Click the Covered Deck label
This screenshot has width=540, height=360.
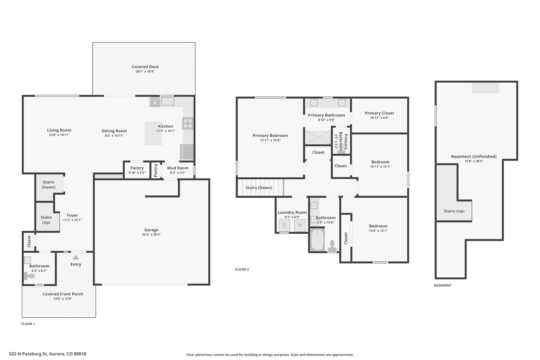click(145, 67)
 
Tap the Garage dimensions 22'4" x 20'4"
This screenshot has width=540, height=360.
click(151, 234)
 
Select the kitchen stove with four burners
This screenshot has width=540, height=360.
click(188, 123)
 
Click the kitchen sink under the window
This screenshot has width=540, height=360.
click(168, 101)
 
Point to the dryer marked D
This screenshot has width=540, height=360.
click(285, 225)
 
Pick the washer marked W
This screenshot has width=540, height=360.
click(300, 225)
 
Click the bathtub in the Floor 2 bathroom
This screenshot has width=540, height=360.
click(317, 240)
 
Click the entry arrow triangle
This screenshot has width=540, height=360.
click(76, 257)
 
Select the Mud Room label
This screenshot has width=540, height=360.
click(178, 168)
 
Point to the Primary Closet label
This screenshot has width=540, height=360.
click(379, 113)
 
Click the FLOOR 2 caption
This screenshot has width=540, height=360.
click(242, 270)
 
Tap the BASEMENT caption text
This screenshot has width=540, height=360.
click(443, 285)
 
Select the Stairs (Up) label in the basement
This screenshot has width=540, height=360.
click(454, 211)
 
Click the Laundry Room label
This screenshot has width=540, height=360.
click(292, 212)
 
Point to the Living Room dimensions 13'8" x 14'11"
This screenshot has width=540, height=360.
click(59, 135)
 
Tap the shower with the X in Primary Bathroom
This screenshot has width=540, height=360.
click(318, 137)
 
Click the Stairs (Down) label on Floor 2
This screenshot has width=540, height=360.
click(259, 188)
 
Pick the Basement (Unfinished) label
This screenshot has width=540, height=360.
click(474, 156)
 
